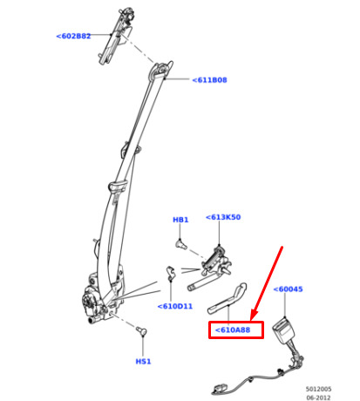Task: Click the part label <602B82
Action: pyautogui.click(x=73, y=37)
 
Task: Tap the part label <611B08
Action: pyautogui.click(x=209, y=80)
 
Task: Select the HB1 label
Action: pyautogui.click(x=180, y=220)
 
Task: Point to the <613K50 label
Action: pyautogui.click(x=223, y=217)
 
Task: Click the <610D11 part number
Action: pyautogui.click(x=175, y=306)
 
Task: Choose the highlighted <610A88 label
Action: pyautogui.click(x=233, y=330)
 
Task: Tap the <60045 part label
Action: pyautogui.click(x=289, y=289)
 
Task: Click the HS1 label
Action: pyautogui.click(x=143, y=362)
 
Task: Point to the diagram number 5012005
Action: pyautogui.click(x=318, y=389)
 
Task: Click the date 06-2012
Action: pyautogui.click(x=318, y=398)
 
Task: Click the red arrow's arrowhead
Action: pyautogui.click(x=254, y=316)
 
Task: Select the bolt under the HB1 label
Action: pyautogui.click(x=180, y=243)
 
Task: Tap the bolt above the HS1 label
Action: pyautogui.click(x=142, y=330)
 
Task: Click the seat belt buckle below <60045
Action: pyautogui.click(x=282, y=330)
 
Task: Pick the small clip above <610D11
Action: pyautogui.click(x=171, y=273)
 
